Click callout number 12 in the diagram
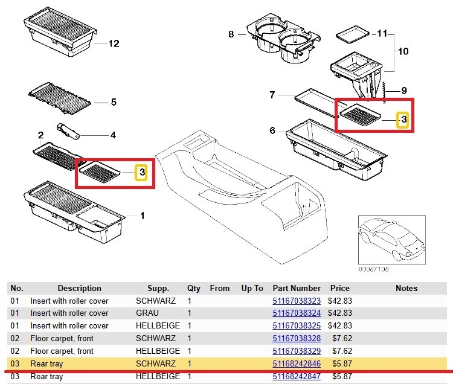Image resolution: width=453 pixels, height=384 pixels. (x=114, y=43)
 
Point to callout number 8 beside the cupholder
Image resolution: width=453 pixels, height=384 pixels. (x=231, y=34)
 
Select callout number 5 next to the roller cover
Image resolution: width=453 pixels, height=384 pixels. (x=112, y=102)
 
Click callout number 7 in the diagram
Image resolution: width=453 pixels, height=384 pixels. (x=272, y=95)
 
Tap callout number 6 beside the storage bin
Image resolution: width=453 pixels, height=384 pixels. (x=272, y=130)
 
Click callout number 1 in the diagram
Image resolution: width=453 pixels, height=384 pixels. (x=143, y=216)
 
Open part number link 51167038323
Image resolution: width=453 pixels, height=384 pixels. (x=297, y=301)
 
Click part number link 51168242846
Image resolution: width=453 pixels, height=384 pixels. (x=297, y=364)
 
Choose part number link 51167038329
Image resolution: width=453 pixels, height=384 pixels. (x=297, y=351)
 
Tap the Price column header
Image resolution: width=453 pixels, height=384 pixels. (x=339, y=289)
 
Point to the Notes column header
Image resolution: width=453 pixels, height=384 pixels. (x=406, y=289)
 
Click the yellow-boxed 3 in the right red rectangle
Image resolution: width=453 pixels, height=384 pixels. (x=403, y=121)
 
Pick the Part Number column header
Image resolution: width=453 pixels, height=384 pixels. (x=297, y=289)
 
